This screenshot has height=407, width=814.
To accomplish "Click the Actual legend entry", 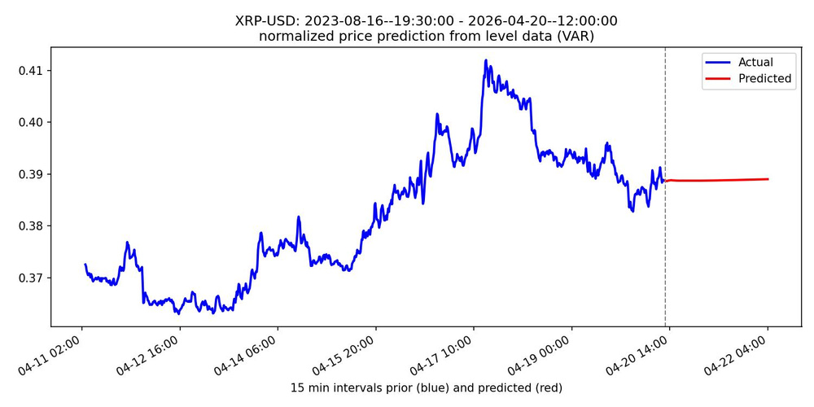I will point(755,62).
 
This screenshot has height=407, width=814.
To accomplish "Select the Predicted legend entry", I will point(764,79).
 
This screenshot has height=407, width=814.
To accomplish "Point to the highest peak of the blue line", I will point(486,60).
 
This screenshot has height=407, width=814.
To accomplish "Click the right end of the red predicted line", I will point(768,179).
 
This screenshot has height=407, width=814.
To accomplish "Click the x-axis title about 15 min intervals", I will point(427,387).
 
